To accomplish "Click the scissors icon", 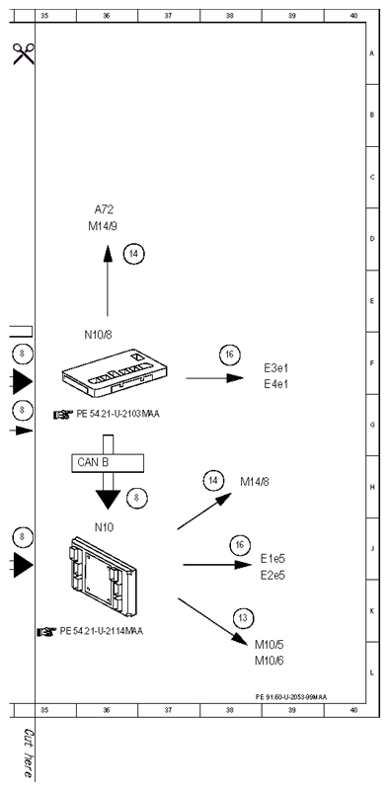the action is (24, 54).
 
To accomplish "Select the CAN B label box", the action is (107, 462).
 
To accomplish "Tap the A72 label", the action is (104, 209).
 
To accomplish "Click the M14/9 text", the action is (103, 226).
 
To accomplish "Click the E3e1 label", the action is (276, 367).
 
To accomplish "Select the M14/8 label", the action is (255, 482).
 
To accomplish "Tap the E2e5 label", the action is (273, 575).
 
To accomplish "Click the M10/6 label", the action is (270, 661).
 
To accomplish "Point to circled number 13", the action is (243, 618).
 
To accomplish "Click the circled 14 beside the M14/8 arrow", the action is (213, 481).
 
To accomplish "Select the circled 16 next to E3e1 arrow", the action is (230, 356).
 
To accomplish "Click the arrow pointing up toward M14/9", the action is (108, 280).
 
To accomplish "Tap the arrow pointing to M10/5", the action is (212, 621).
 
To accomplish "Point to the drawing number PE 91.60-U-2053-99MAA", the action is (291, 697).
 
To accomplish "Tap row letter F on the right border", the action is (372, 362).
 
